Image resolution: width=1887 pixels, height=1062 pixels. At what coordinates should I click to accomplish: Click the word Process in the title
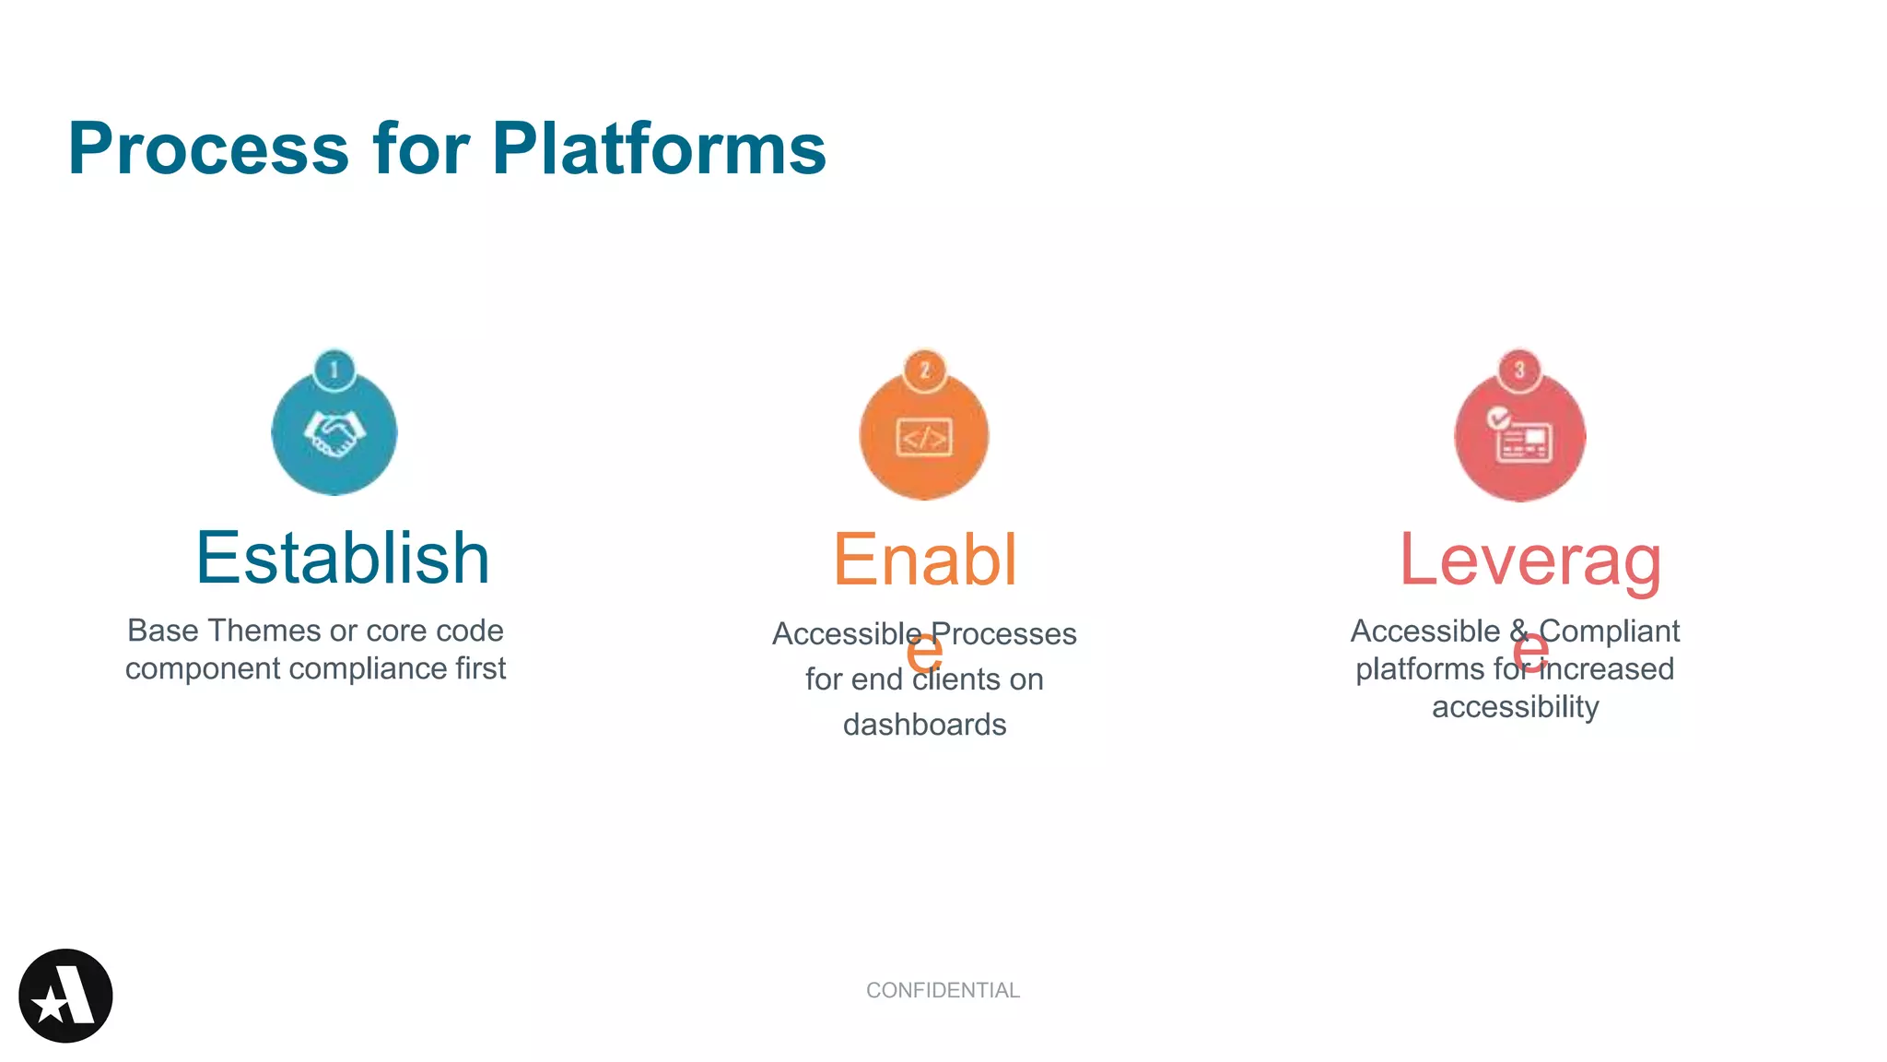click(208, 149)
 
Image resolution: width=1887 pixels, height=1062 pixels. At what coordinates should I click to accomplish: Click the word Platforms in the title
click(658, 149)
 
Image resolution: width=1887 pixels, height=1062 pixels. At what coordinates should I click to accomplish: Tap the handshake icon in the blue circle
click(334, 434)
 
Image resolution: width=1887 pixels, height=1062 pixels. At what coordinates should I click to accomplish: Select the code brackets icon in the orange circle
click(924, 437)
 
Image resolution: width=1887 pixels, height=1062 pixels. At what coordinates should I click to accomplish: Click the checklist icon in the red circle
click(1519, 436)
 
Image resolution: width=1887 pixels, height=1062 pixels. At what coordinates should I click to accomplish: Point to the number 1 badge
click(334, 370)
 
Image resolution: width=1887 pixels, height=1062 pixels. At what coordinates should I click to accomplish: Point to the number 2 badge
click(924, 370)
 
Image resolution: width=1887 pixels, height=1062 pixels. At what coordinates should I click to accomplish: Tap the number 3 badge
click(1519, 370)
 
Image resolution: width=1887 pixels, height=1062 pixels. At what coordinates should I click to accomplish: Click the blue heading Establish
click(342, 559)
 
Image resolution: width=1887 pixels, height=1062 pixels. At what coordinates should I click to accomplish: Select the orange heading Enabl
click(924, 560)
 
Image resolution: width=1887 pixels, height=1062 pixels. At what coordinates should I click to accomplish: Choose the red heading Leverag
click(1530, 560)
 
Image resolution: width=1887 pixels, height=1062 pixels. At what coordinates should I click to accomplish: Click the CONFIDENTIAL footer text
click(943, 990)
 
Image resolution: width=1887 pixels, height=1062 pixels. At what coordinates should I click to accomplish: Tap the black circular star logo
click(65, 996)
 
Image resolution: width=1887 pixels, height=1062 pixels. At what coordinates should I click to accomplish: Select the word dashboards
click(924, 725)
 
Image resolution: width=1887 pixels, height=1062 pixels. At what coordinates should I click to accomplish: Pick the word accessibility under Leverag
click(1515, 707)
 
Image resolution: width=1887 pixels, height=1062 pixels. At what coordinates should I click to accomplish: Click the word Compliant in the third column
click(1609, 631)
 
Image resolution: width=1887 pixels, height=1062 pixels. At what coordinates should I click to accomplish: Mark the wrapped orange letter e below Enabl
click(924, 652)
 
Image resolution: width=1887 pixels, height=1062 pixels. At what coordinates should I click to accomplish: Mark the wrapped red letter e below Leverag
click(1530, 652)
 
